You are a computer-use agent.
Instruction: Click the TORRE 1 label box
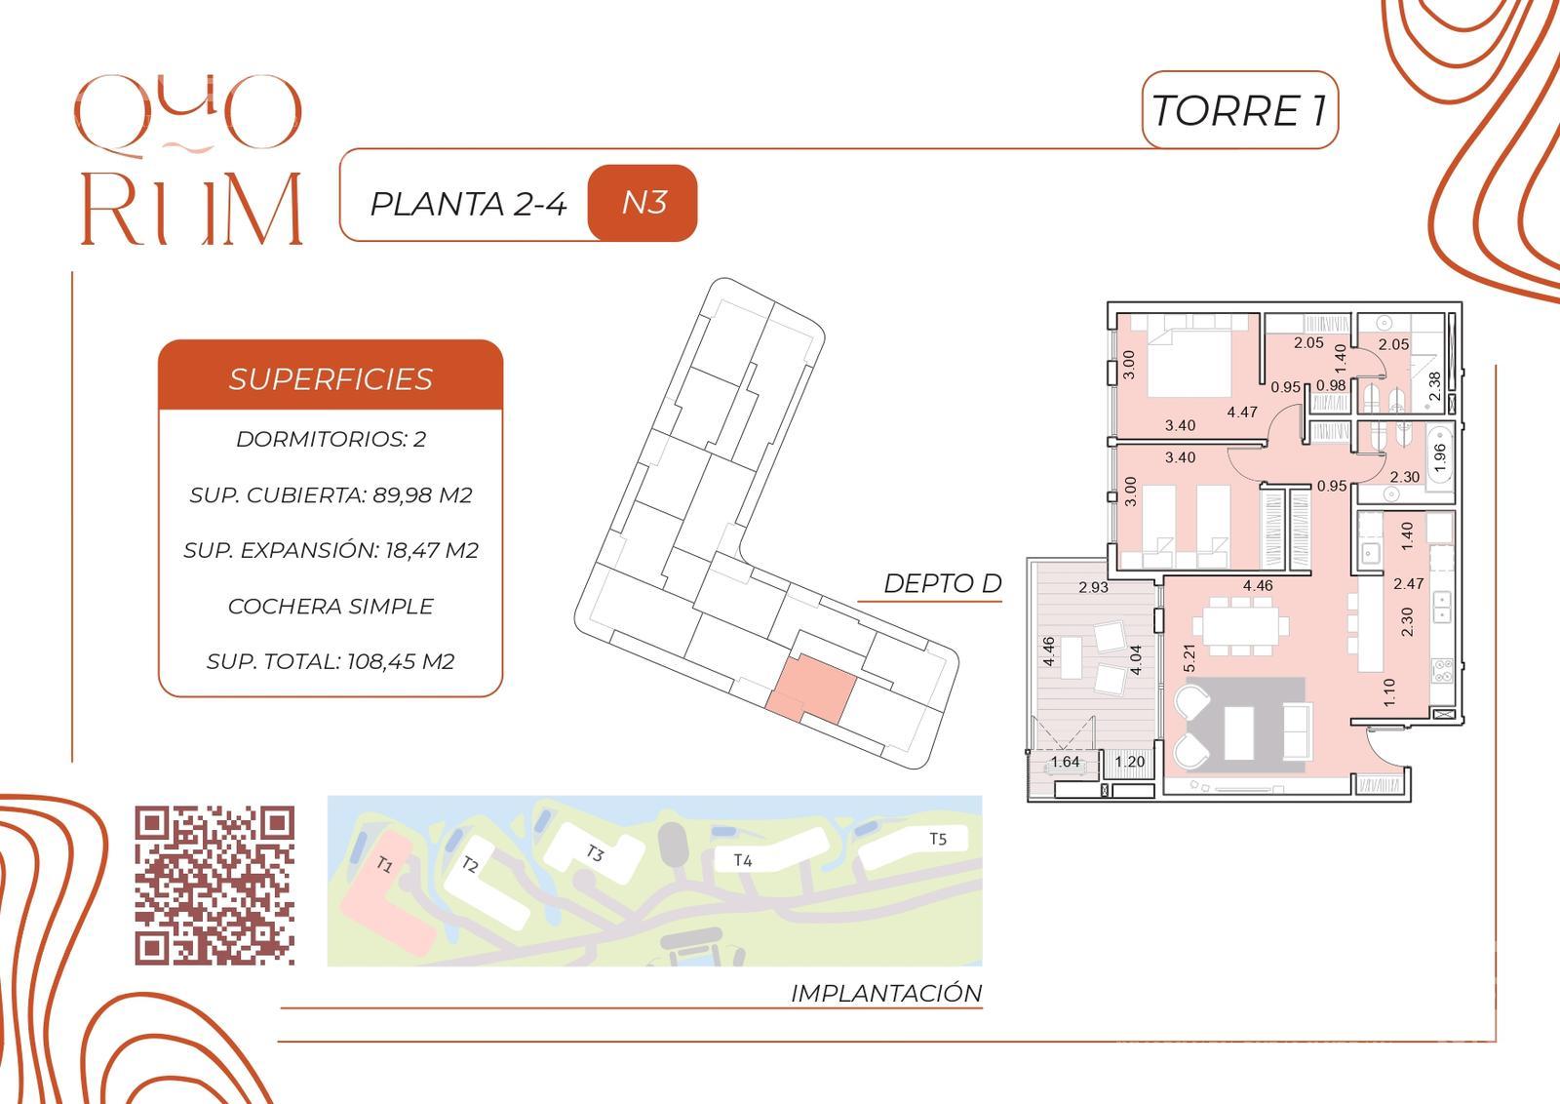pos(1239,110)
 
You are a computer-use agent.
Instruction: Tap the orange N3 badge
pos(643,203)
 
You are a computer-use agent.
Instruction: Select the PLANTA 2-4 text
pos(468,204)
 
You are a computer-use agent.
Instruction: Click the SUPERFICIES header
pos(331,379)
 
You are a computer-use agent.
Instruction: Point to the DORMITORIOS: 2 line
pos(331,439)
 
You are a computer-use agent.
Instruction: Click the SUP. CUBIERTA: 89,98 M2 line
pos(331,494)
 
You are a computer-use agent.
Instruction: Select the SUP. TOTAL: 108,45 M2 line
pos(331,661)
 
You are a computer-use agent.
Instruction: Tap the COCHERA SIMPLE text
pos(331,606)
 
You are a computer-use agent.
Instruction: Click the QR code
pos(214,886)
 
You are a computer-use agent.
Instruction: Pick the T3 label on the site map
pos(594,852)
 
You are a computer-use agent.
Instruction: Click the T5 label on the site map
pos(938,839)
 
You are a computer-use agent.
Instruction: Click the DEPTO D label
pos(942,583)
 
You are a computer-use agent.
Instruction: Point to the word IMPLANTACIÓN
pos(886,993)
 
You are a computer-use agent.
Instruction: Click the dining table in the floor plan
pos(1241,625)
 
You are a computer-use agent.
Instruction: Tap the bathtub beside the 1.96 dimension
pos(1439,457)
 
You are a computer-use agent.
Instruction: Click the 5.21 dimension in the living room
pos(1189,658)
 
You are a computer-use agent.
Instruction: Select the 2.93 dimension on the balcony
pos(1093,587)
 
